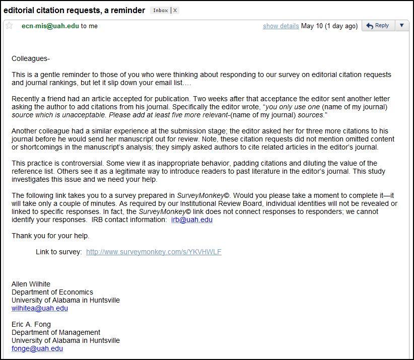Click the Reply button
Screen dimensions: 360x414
point(378,26)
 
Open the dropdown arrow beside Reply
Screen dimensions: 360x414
point(401,26)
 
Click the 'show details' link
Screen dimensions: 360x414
point(281,26)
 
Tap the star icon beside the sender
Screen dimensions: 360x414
point(9,26)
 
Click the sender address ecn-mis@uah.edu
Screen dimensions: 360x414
point(50,26)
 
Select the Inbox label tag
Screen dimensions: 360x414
point(160,11)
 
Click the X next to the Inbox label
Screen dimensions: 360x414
point(174,11)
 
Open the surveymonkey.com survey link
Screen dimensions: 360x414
point(154,252)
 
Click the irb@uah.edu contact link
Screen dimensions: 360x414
point(191,220)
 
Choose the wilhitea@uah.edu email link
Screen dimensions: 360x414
point(39,308)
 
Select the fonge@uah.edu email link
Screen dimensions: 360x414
point(37,348)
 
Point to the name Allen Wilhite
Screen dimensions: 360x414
point(31,284)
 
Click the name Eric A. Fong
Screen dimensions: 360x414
point(31,324)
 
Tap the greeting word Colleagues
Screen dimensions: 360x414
point(30,58)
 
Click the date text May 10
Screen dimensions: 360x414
point(311,26)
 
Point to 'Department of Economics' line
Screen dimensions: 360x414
point(52,292)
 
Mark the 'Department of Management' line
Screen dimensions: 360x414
point(55,332)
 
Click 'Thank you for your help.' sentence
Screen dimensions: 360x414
point(50,236)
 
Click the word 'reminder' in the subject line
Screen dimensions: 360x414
point(129,10)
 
